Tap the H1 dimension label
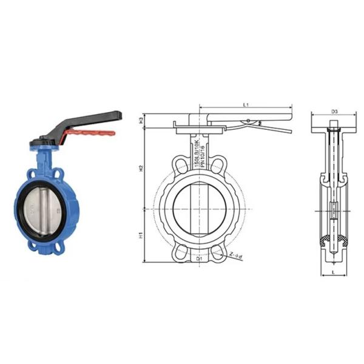coord(141,234)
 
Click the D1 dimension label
coord(200,258)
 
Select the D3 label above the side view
coord(334,112)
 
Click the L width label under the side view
coord(334,274)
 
